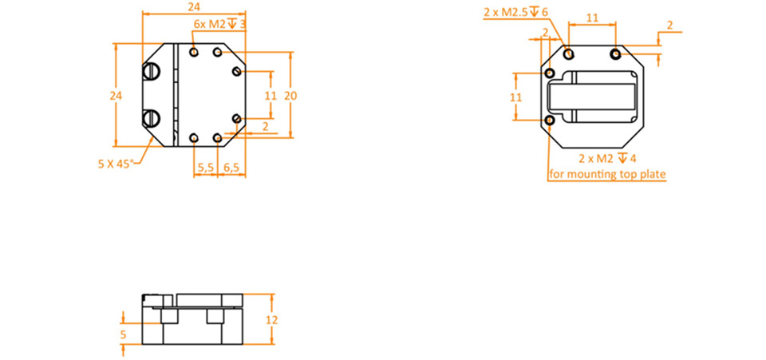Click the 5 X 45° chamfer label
pos(115,164)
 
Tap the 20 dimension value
pos(290,96)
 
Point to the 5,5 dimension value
pos(206,168)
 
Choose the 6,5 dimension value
pos(231,168)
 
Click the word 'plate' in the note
pos(653,174)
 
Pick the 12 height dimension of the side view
pos(271,320)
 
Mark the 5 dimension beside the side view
pos(123,334)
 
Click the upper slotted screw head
pos(152,73)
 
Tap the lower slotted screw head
pos(152,117)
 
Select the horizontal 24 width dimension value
pos(194,7)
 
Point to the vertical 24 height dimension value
pos(115,96)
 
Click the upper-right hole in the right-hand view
pos(616,53)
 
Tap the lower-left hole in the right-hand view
pos(550,121)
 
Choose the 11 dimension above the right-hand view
pos(592,18)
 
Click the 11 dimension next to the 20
pos(270,96)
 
